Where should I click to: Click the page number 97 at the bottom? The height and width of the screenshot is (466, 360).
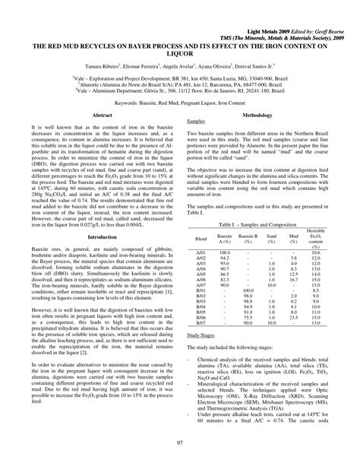point(179,443)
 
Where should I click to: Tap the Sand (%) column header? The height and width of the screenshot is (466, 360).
point(270,219)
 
